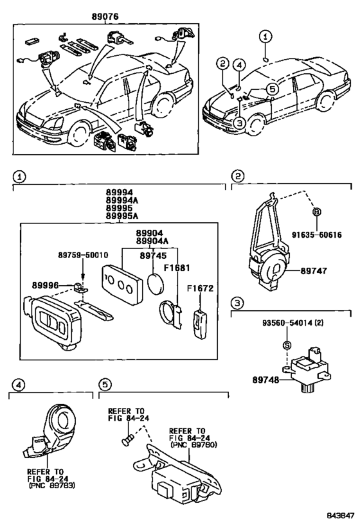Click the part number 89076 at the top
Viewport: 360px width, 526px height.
click(105, 16)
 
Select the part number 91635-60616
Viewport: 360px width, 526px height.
click(316, 234)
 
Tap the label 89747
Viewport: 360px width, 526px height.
click(313, 271)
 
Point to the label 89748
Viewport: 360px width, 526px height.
click(265, 380)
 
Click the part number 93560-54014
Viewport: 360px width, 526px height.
click(288, 323)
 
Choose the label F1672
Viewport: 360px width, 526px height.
click(201, 288)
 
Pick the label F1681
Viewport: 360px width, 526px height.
click(177, 268)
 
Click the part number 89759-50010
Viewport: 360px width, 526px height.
click(84, 255)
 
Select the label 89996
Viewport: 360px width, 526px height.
click(46, 285)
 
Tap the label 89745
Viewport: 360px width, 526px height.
click(153, 256)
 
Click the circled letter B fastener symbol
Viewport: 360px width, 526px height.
click(317, 212)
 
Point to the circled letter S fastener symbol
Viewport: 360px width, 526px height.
click(287, 345)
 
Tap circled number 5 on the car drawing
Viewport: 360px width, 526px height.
click(273, 89)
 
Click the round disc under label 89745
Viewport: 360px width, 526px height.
click(156, 283)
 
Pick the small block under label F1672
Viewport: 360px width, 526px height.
click(200, 324)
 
